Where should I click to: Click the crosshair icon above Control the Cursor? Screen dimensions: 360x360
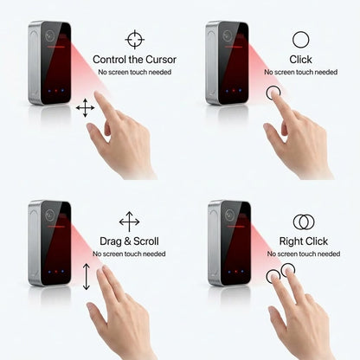click(135, 39)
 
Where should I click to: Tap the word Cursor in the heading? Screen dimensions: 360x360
click(161, 60)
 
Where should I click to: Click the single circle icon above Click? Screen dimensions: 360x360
click(300, 40)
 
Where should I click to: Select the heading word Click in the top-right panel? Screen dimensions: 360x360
click(300, 60)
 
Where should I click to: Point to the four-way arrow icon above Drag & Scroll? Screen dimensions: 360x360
click(129, 222)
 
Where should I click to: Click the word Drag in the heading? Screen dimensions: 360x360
click(111, 241)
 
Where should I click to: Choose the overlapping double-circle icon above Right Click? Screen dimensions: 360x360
click(304, 222)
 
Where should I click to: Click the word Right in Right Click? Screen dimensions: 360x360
click(291, 241)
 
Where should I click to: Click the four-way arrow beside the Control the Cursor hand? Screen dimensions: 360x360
click(85, 108)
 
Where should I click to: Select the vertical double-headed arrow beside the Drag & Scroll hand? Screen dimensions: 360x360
click(87, 277)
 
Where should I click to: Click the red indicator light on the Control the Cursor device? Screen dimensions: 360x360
click(56, 91)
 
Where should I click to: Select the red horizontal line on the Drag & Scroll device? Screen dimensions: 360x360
click(56, 227)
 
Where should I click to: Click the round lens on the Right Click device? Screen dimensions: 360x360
click(229, 214)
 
